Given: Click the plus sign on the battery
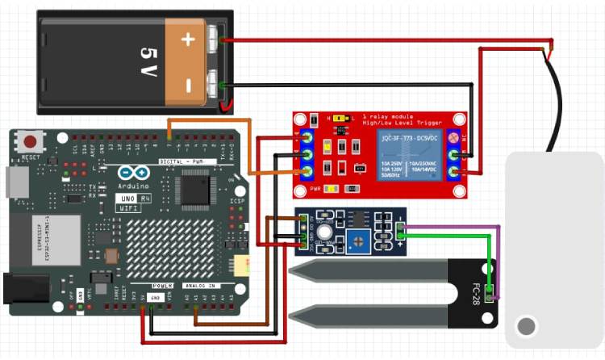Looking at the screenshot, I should pos(188,39).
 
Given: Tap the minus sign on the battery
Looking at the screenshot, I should pos(188,84).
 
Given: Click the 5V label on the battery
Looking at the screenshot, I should pos(147,61).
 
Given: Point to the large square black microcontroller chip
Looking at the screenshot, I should pos(194,189).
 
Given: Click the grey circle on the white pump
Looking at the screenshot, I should pos(526,327).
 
